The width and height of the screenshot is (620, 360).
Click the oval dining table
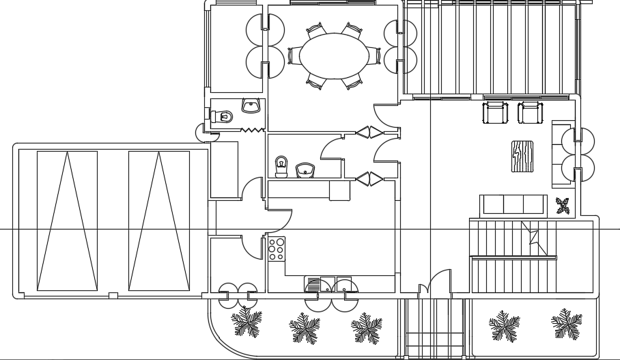334,56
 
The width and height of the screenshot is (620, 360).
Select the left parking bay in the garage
67,221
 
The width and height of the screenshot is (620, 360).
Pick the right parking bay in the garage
159,221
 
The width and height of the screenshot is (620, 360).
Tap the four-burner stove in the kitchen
277,249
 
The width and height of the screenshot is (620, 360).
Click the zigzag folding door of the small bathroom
252,129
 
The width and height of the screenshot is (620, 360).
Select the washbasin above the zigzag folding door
251,106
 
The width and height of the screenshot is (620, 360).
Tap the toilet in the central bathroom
281,166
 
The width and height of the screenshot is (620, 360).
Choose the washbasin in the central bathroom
305,169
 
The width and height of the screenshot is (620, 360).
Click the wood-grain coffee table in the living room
522,156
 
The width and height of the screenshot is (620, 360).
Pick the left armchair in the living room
495,112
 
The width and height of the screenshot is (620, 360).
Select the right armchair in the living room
530,112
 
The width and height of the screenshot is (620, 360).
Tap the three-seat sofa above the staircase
513,205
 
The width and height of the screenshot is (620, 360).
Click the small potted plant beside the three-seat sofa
563,205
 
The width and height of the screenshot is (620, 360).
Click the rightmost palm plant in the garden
567,324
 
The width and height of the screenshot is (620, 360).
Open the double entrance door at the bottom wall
435,286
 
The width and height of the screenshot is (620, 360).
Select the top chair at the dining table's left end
316,31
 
